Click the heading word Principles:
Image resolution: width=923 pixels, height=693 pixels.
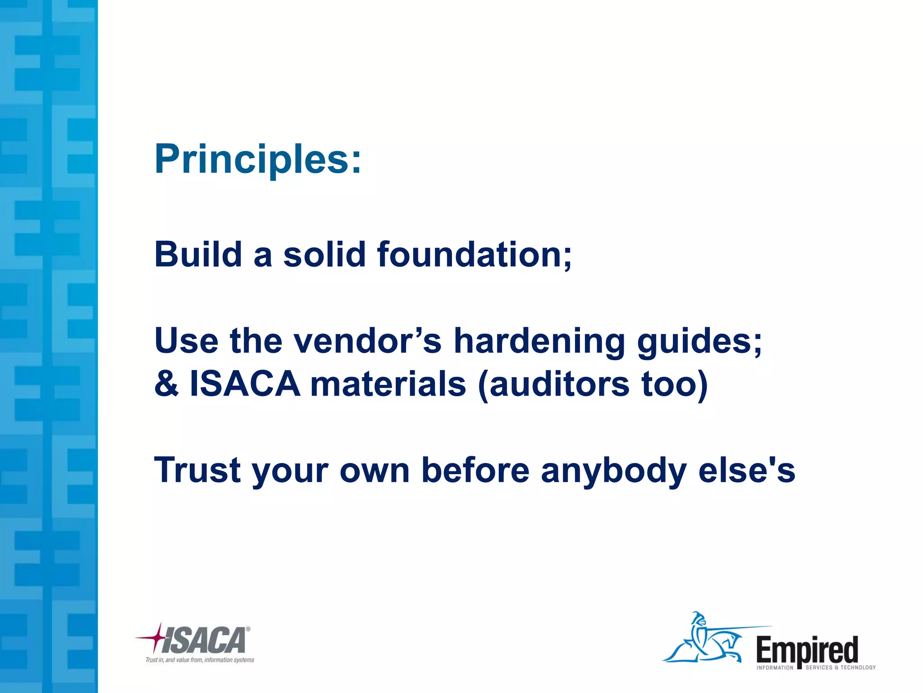point(257,159)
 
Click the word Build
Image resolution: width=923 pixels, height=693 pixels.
point(198,254)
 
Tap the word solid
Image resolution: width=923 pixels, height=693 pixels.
point(324,254)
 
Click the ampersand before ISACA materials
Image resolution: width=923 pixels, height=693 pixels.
point(166,384)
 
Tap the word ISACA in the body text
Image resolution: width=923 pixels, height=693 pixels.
point(245,384)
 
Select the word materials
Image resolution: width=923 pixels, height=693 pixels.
point(388,384)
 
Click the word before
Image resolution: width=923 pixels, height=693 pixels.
point(475,470)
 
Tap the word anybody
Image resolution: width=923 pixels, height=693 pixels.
point(613,470)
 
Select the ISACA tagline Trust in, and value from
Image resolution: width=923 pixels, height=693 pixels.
point(200,660)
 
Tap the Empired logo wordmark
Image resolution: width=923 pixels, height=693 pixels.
point(807,649)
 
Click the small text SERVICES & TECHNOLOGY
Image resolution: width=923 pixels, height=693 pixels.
point(841,667)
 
